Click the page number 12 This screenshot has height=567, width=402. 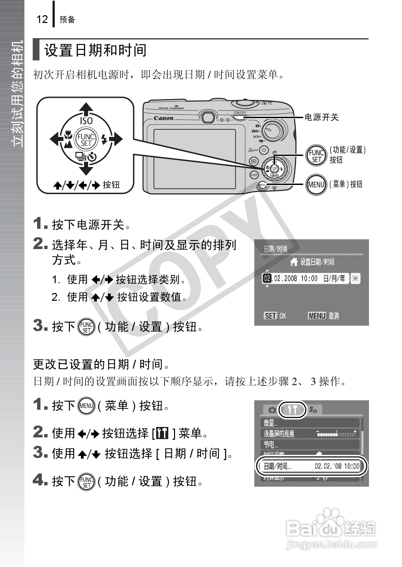tap(42, 19)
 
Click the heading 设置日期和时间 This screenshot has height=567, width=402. tap(95, 50)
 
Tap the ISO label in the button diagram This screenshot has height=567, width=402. tap(86, 120)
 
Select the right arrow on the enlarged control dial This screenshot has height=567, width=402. tap(116, 139)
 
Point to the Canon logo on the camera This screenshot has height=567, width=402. tap(164, 118)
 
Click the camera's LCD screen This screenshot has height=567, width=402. tap(195, 159)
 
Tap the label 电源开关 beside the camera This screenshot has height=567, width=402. tap(321, 117)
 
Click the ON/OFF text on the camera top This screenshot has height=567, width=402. tap(240, 112)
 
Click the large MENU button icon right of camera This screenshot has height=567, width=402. tap(316, 184)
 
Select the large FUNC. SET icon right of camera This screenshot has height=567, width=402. tap(316, 156)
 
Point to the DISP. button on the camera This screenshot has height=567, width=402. tap(254, 175)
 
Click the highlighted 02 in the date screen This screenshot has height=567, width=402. tap(267, 278)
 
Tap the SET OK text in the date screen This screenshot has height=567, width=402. tap(275, 316)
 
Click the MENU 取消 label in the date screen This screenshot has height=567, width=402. tap(323, 316)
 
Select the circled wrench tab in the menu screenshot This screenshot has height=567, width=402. tap(293, 410)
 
